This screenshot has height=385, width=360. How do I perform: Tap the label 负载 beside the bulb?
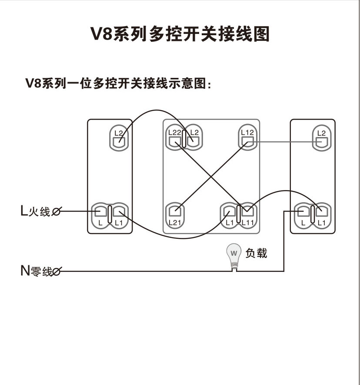coord(256,253)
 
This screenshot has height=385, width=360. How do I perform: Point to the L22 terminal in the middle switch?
coord(175,138)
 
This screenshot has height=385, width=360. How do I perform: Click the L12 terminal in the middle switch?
coord(247,138)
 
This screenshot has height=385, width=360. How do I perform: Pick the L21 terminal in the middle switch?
coord(175,213)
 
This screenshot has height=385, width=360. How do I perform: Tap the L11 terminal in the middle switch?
coord(247,213)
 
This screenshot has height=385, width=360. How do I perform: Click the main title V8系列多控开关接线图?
coord(180,33)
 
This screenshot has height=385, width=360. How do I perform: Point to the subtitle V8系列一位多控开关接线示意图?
coord(118,83)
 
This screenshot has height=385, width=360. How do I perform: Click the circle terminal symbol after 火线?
coord(56,212)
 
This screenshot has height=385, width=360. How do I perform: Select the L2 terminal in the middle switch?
coord(193,138)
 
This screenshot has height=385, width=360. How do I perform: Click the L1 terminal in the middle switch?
coord(229,213)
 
